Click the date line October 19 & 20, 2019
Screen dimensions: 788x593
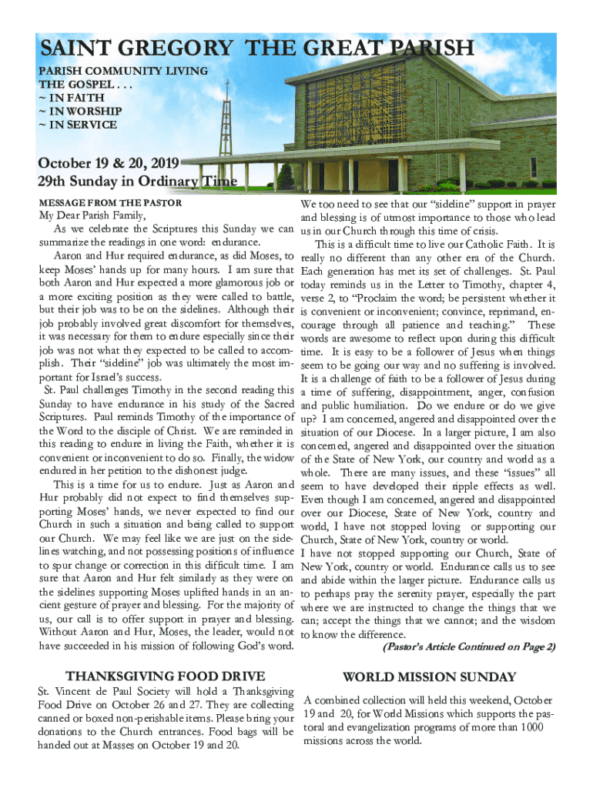(109, 163)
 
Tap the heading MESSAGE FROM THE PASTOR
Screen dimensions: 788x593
(110, 203)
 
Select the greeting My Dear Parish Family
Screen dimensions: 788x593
(92, 215)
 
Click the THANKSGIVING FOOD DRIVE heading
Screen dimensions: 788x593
(166, 676)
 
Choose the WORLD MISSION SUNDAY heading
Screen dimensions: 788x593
(429, 677)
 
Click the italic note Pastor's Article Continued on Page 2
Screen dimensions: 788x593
(468, 647)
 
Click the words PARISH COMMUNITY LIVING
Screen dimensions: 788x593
(123, 71)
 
